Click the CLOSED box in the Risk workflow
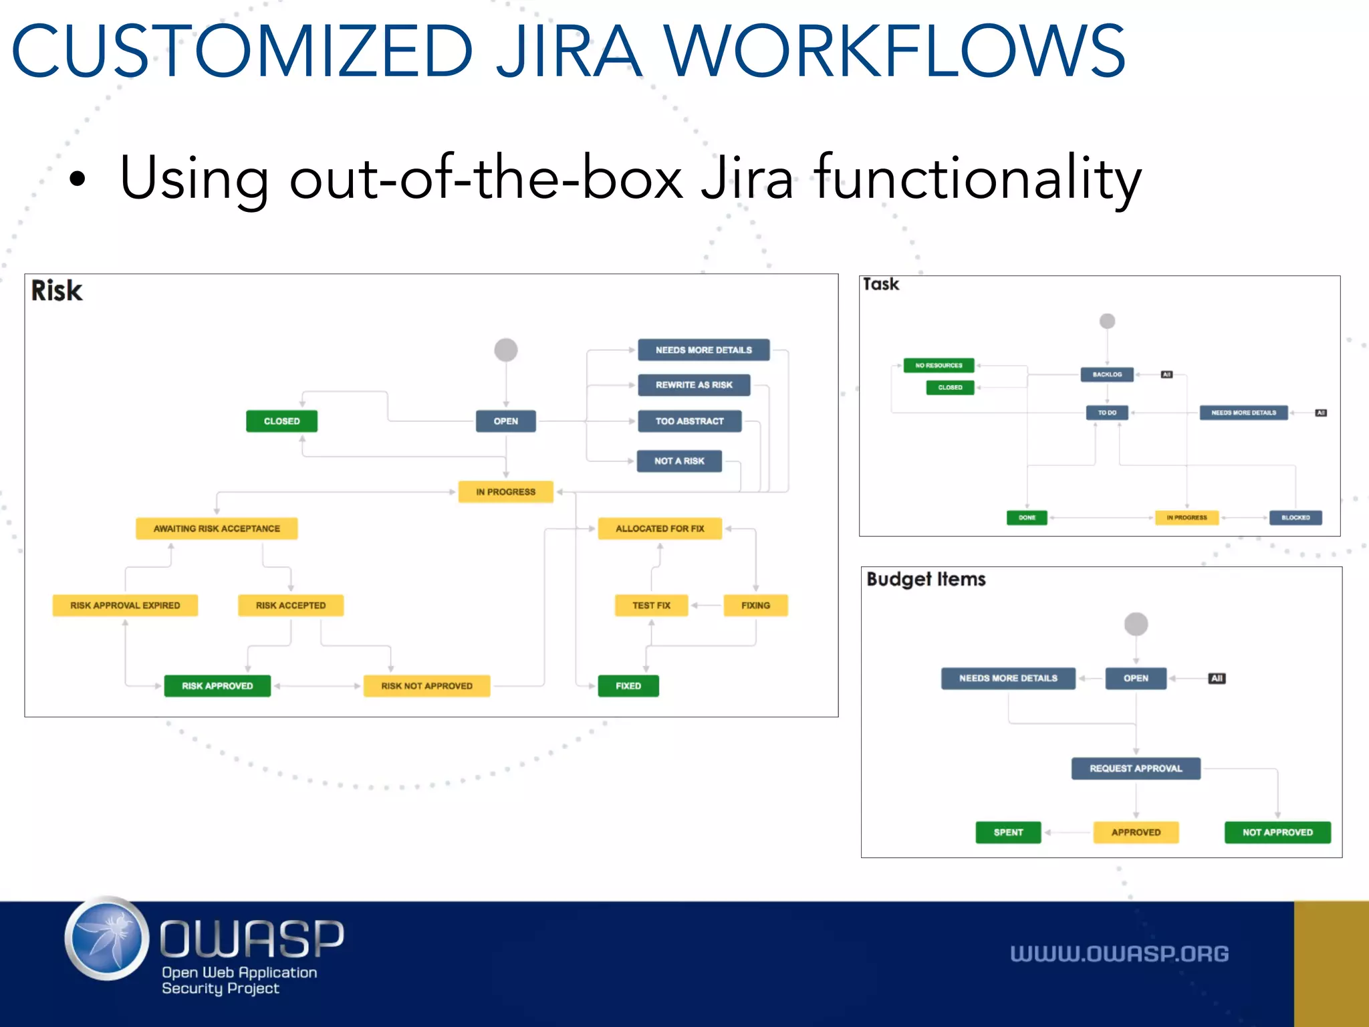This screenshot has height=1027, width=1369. click(281, 421)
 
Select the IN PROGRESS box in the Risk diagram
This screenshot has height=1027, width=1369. click(505, 491)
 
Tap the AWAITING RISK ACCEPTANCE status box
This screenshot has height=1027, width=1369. click(217, 528)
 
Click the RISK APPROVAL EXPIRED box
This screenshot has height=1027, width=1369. click(125, 605)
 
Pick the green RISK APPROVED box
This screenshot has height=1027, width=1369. click(217, 686)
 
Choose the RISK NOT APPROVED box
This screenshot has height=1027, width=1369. click(426, 686)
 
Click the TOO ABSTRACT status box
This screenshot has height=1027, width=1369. click(689, 421)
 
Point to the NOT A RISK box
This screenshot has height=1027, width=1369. click(679, 461)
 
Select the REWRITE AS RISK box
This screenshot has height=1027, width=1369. click(694, 385)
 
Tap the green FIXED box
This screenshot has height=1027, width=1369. click(628, 686)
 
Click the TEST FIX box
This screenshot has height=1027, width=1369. click(651, 605)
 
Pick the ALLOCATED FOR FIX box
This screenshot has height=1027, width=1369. click(660, 528)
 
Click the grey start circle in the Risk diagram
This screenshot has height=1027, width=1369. click(506, 350)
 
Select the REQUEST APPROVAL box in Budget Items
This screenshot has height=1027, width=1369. click(1136, 768)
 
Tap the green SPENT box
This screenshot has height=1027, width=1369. click(1008, 832)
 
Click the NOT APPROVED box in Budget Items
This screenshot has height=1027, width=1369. click(1277, 832)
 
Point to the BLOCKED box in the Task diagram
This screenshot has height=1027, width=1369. click(1295, 518)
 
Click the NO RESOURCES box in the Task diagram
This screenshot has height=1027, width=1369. click(939, 365)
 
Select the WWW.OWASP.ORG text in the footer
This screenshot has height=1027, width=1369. click(1119, 953)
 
